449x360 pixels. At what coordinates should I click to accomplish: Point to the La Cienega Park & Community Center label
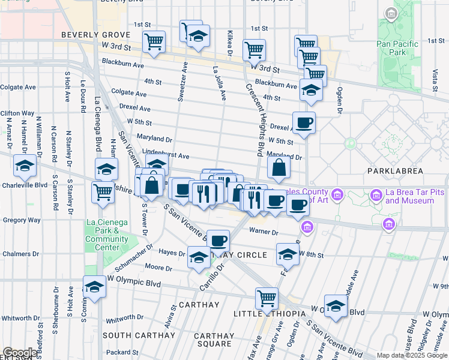tap(107, 235)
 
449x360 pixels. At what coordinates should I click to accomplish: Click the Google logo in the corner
tap(20, 353)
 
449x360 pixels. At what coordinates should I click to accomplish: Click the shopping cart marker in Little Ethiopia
tap(267, 298)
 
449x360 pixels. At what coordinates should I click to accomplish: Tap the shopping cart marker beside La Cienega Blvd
tap(103, 193)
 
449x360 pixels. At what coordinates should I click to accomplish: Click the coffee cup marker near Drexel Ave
tap(304, 122)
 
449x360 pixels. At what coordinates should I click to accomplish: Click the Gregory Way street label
tap(21, 220)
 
